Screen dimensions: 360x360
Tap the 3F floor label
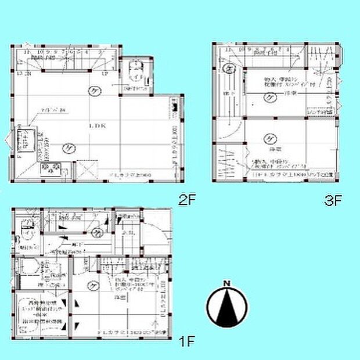coord(332,201)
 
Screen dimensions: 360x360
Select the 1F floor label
coord(186,341)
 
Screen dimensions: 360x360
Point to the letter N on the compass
coord(227,283)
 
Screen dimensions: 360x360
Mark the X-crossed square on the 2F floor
coord(85,171)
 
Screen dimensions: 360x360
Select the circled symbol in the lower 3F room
coord(269,138)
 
